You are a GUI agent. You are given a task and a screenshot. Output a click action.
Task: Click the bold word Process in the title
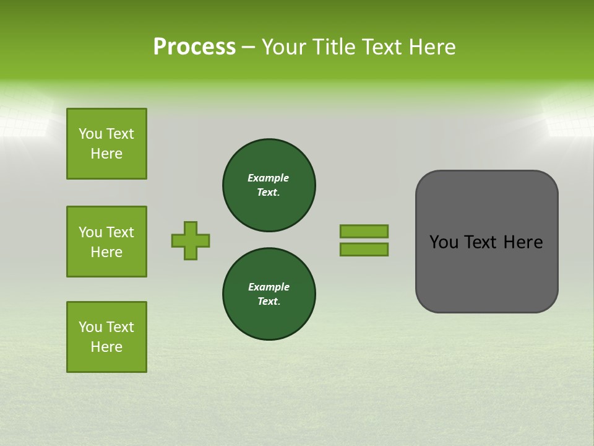pos(194,47)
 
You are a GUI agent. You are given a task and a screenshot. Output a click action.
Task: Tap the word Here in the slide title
pos(433,47)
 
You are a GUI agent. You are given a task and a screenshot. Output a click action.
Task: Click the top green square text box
pos(106,144)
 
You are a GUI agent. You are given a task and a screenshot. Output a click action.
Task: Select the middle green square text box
pos(106,242)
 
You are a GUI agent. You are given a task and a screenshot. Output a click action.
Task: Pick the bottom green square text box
pos(106,337)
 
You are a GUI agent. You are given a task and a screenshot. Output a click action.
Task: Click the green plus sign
pos(191,240)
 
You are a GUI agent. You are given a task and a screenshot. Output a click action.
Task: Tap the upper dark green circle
pos(269,185)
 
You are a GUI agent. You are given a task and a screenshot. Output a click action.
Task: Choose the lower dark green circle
pos(269,294)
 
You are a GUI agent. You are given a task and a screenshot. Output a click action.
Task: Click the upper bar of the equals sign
pos(364,231)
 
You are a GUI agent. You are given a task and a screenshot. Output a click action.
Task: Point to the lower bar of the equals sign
pos(364,249)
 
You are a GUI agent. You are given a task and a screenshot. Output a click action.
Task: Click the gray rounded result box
pos(486,273)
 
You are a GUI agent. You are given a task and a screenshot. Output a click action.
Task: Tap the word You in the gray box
pos(444,242)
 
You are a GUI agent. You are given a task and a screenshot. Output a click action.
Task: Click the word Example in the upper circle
pos(268,178)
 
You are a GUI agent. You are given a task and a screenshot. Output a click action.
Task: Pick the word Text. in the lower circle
pos(269,301)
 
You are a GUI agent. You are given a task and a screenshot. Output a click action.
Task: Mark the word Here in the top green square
pos(106,154)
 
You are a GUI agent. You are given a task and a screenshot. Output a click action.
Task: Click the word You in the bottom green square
pos(90,327)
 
